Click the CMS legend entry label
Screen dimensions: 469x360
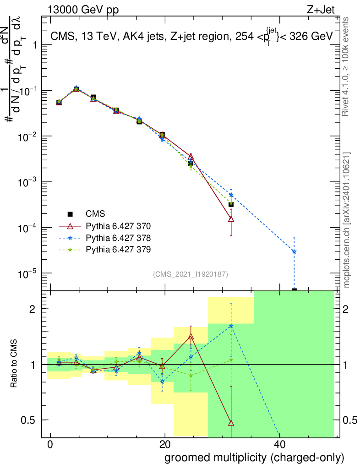95,214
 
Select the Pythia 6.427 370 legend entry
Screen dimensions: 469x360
118,226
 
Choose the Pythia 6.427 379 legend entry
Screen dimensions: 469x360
118,250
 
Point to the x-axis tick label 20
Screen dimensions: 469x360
164,444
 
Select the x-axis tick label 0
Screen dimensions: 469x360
50,444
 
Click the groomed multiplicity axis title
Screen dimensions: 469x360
254,458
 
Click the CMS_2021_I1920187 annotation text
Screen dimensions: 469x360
191,274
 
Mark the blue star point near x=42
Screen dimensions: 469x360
294,251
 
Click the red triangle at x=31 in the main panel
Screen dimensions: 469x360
231,219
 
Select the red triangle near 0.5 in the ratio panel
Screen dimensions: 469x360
231,422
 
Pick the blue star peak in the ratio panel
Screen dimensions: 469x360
231,326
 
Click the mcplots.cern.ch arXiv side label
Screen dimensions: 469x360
347,220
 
